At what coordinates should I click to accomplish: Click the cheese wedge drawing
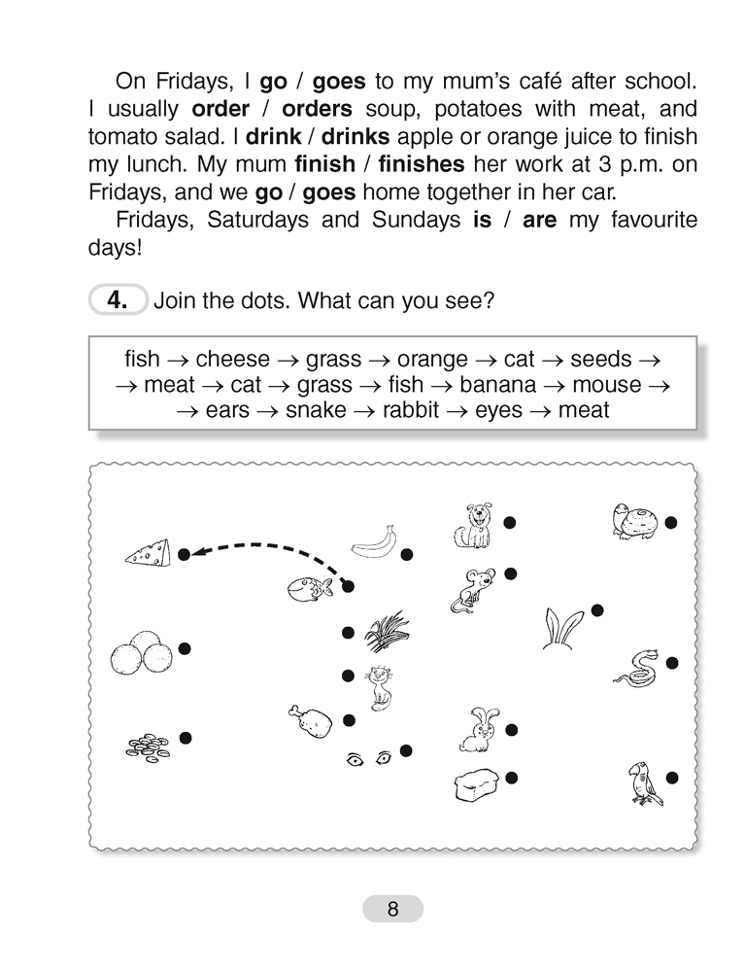(x=148, y=553)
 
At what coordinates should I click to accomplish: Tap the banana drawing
(x=375, y=540)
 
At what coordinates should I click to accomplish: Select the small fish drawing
(x=311, y=587)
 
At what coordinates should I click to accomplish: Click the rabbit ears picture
(x=562, y=627)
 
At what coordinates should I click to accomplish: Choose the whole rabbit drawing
(x=476, y=730)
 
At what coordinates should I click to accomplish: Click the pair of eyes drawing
(x=368, y=758)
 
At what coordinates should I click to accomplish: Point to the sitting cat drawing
(x=377, y=686)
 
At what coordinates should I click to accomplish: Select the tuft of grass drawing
(x=387, y=631)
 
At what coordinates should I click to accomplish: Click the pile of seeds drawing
(x=148, y=746)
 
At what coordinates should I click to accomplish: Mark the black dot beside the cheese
(x=184, y=555)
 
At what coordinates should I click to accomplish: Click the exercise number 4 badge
(x=117, y=300)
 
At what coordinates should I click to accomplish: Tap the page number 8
(x=392, y=910)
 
